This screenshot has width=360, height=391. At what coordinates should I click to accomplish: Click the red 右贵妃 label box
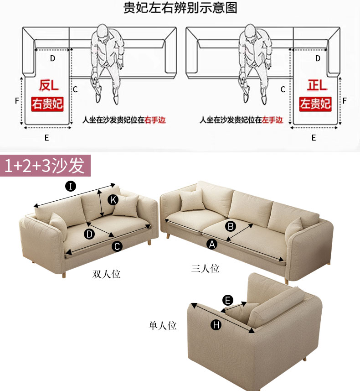tap(47, 104)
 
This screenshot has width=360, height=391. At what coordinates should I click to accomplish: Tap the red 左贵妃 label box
tap(315, 104)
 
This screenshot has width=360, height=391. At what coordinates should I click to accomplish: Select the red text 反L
tap(49, 85)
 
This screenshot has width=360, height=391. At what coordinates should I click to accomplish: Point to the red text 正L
tap(317, 85)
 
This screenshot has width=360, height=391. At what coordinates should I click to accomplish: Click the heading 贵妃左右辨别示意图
tap(180, 7)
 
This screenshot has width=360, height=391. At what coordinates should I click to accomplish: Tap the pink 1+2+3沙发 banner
tap(45, 165)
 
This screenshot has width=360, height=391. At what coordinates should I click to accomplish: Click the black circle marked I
tap(71, 186)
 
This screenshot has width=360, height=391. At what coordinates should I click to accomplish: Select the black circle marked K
tap(113, 200)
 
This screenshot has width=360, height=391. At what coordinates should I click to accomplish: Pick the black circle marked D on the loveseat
tap(89, 234)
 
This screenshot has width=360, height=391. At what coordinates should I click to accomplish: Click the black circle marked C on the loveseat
tap(117, 247)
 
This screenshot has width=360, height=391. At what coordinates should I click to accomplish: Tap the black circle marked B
tap(231, 226)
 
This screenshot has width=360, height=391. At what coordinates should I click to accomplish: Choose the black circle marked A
tap(212, 244)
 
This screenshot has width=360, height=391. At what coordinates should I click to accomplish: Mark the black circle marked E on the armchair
tap(227, 300)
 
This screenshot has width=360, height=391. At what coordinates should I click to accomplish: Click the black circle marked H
tap(216, 325)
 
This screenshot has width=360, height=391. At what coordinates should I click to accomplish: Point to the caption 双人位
tap(106, 274)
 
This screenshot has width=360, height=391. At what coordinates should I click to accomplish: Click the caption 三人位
tap(206, 269)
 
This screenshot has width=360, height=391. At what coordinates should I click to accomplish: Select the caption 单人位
tap(162, 325)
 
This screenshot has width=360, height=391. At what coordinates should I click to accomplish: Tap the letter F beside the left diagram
tap(17, 101)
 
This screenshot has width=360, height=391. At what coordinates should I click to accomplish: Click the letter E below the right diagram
tap(314, 138)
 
